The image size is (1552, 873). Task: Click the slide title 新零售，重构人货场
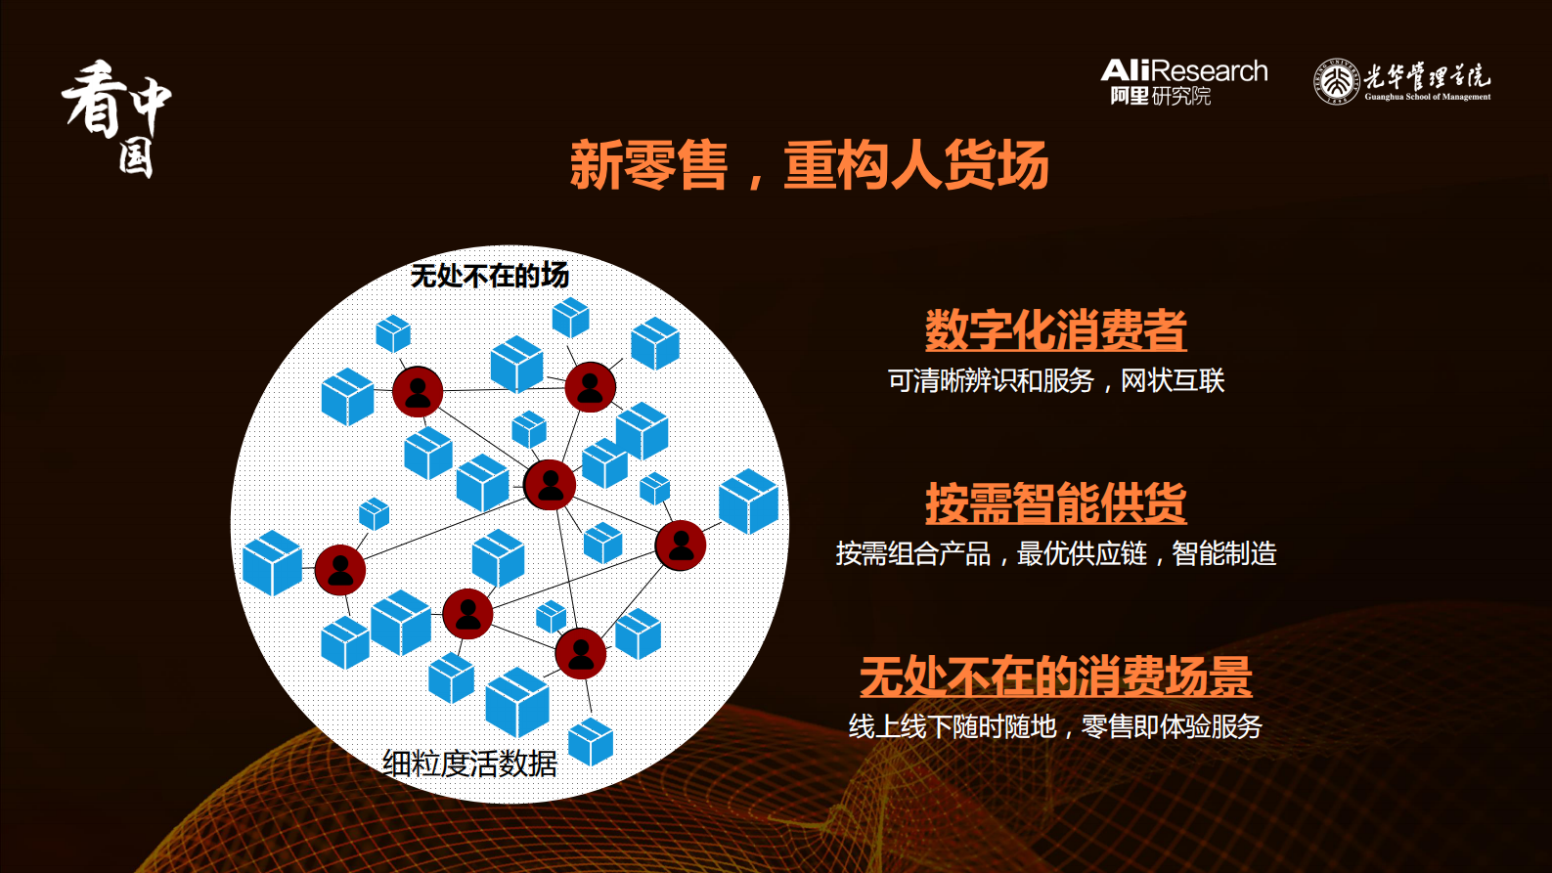pos(809,164)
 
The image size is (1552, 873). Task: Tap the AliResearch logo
pos(1183,81)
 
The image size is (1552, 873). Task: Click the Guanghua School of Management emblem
pos(1336,81)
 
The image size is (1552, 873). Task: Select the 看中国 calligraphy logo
pos(115,117)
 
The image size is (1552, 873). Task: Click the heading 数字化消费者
pos(1055,330)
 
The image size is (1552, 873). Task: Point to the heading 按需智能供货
pos(1055,503)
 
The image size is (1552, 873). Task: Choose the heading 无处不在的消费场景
pos(1055,677)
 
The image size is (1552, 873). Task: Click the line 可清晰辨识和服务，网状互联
pos(1055,380)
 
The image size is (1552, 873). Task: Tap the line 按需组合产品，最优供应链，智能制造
pos(1055,553)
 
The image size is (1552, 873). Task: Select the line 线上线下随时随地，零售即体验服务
pos(1055,726)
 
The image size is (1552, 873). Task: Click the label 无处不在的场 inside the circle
pos(489,276)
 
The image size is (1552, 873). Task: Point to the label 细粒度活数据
pos(469,763)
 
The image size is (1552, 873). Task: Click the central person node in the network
pos(550,484)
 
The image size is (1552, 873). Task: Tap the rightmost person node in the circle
pos(681,546)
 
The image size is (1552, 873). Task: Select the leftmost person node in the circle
pos(340,570)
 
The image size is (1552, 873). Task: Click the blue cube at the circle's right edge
pos(748,502)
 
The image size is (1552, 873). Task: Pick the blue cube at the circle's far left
pos(272,563)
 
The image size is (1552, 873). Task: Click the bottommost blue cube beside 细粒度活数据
pos(591,742)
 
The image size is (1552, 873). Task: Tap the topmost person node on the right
pos(590,387)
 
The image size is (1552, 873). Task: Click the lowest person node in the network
pos(581,653)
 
